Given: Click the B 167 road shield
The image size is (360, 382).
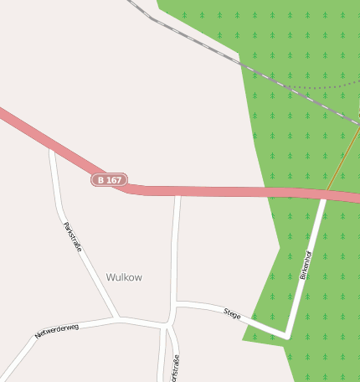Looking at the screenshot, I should [x=109, y=180].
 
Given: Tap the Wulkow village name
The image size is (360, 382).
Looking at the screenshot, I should [x=124, y=277].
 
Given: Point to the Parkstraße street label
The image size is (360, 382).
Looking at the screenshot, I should [x=72, y=236].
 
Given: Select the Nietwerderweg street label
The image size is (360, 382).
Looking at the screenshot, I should [x=57, y=331].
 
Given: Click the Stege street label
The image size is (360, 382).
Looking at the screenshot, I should [x=232, y=314].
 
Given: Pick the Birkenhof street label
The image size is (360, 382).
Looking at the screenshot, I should [x=305, y=265].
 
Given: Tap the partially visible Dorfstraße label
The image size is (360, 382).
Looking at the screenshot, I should [x=176, y=369].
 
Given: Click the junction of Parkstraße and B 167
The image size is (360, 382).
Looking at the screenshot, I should [x=52, y=147].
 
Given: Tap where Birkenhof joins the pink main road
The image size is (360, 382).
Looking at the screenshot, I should [x=324, y=197].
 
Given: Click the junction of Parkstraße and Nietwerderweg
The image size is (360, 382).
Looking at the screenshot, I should [x=117, y=318].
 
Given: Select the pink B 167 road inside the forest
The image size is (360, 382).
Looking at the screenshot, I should [x=301, y=193].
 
